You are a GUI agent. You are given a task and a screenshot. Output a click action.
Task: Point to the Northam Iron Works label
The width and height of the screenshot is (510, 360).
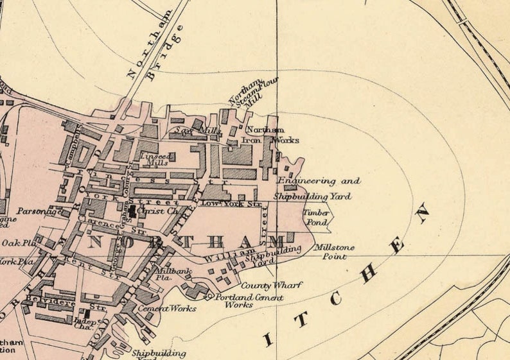(x=269, y=134)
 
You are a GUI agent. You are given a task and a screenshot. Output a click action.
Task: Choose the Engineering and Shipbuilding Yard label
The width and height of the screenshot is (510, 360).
(x=315, y=189)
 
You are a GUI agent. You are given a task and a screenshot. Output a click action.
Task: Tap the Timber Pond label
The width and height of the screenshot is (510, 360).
(x=317, y=216)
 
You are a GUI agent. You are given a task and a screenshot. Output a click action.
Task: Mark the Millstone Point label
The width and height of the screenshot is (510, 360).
(x=330, y=252)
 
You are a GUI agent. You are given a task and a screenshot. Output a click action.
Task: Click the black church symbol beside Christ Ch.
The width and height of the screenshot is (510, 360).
(x=132, y=210)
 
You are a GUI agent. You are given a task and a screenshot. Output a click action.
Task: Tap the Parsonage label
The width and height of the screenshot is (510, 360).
(x=36, y=210)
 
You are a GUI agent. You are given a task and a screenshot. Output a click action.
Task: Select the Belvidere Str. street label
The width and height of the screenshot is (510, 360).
(x=65, y=302)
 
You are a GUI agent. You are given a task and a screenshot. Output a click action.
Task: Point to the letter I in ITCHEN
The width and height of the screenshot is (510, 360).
(x=268, y=338)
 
